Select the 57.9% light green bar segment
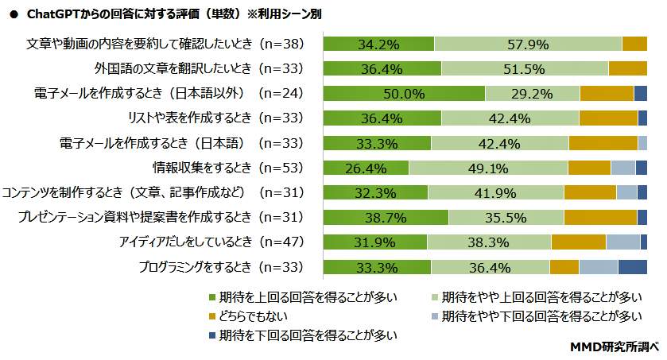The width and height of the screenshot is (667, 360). coord(528,44)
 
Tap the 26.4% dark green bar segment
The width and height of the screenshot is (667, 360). coord(366,168)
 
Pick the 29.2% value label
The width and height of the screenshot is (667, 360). coord(532,94)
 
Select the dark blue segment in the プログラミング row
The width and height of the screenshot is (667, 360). coord(632,267)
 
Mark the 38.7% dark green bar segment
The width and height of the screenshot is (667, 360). coord(386,218)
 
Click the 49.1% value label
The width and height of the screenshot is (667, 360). coord(488,168)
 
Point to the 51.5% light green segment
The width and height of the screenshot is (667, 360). coord(525,68)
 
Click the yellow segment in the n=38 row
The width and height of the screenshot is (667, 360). coord(634,44)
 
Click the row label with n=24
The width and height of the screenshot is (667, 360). coord(169,94)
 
